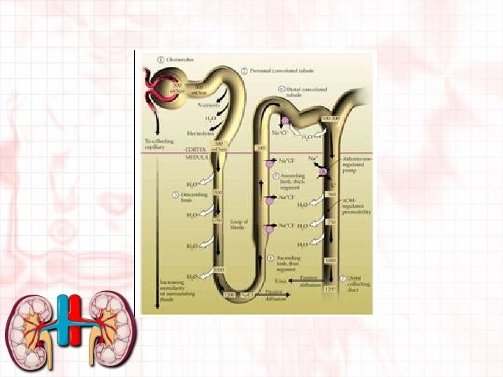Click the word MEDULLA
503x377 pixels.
click(195, 156)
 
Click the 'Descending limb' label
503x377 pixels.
click(190, 197)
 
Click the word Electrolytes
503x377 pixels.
click(200, 133)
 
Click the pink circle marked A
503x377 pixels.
click(322, 170)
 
